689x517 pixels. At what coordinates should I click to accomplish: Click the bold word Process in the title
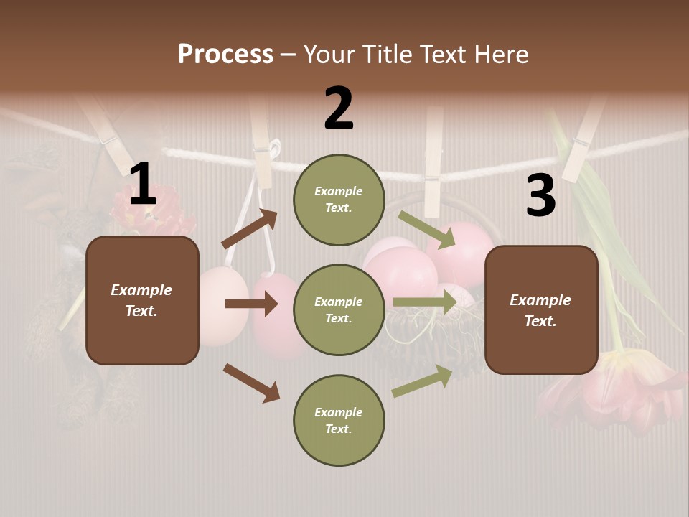coord(225,54)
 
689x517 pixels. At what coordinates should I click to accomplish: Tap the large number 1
coord(143,185)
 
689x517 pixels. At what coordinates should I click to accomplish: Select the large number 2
coord(339,108)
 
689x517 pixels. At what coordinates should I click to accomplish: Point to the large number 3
coord(540,195)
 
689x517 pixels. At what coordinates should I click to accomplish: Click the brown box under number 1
coord(142,300)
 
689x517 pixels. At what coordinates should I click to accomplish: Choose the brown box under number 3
coord(541,310)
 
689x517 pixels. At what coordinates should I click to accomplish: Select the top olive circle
coord(339,200)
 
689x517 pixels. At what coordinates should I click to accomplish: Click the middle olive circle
coord(339,310)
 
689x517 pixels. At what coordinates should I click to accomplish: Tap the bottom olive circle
coord(339,421)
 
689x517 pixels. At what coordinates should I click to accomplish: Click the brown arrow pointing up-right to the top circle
coord(250,229)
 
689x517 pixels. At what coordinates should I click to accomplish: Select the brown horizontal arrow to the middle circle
coord(251,304)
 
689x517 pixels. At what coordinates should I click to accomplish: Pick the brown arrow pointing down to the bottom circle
coord(251,383)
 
